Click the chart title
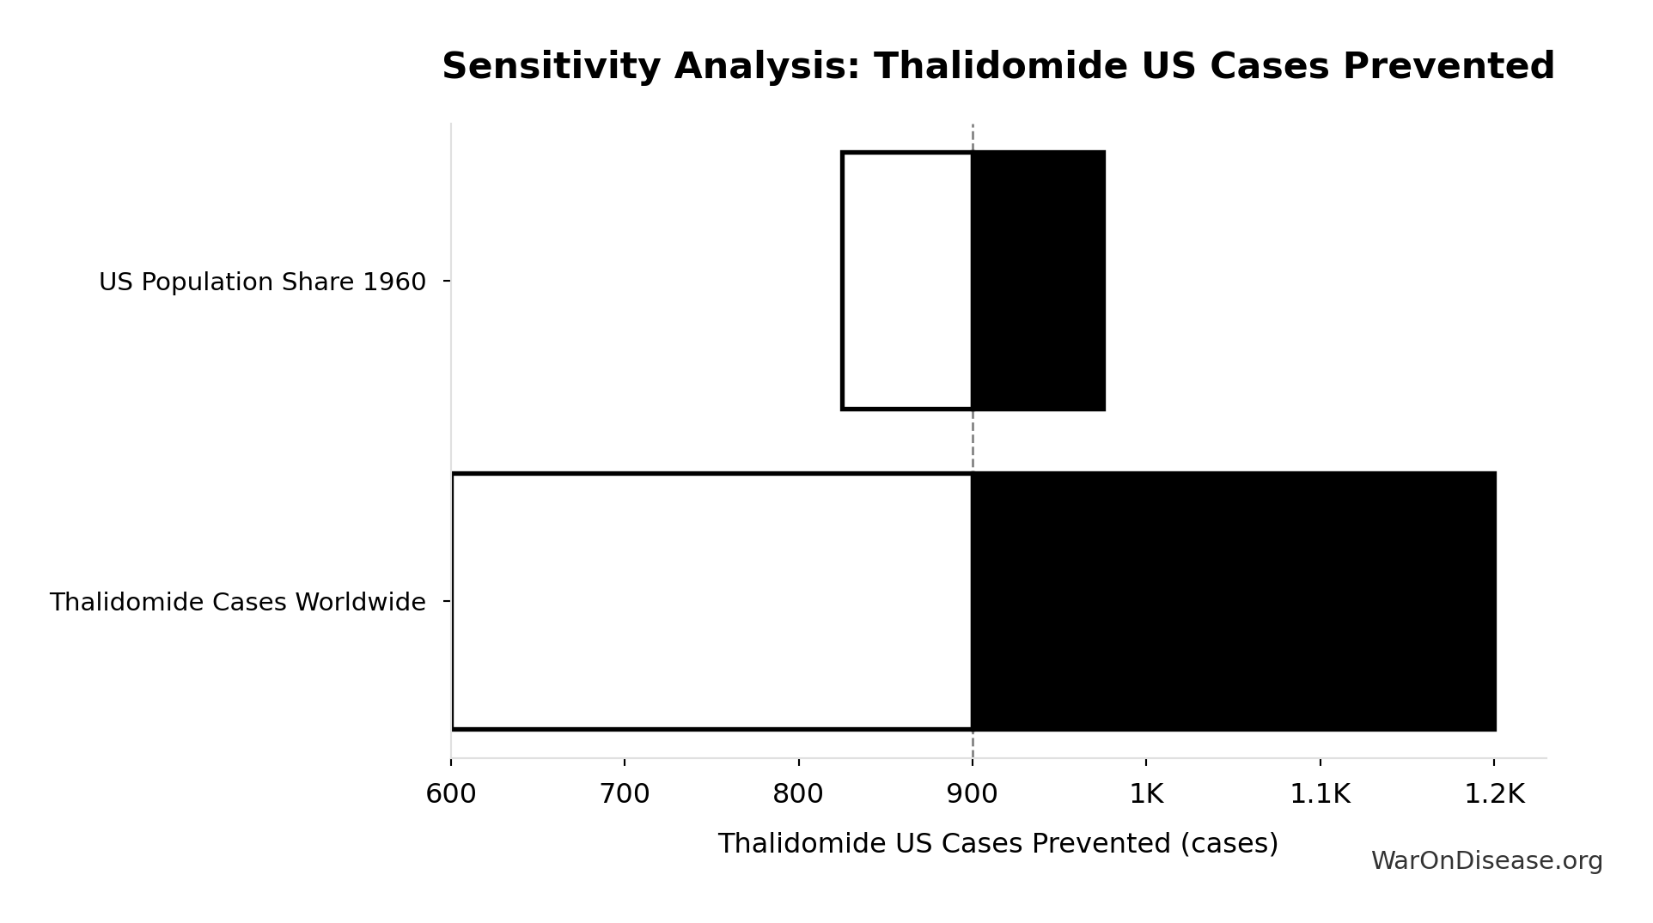(997, 66)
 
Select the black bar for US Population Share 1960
(1038, 281)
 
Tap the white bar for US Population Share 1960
(906, 281)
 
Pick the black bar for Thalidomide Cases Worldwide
(1233, 601)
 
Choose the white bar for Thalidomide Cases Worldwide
(711, 601)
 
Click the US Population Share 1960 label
(262, 282)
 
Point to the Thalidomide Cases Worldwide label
(237, 602)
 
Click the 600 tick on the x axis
(451, 794)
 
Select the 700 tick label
(625, 794)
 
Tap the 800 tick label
(798, 794)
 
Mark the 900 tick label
(972, 794)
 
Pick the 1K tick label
(1146, 794)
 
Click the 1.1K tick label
(1320, 794)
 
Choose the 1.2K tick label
(1493, 794)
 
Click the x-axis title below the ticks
(997, 843)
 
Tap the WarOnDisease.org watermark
(1486, 860)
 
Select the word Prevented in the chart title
(1449, 66)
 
